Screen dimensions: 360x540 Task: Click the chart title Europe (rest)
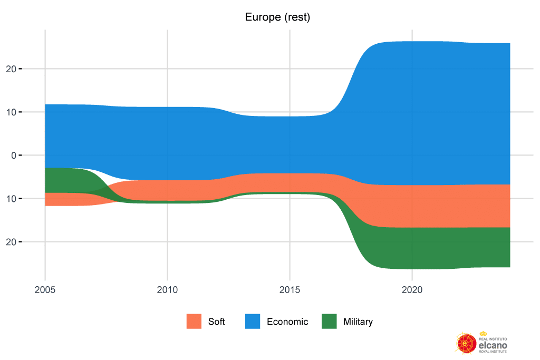coord(277,17)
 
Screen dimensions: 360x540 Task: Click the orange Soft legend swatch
coord(194,322)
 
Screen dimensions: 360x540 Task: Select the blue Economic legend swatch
coord(253,322)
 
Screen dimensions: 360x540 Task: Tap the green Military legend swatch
coord(329,322)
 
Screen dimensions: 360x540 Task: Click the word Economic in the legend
coord(287,322)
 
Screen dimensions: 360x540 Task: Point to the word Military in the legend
coord(358,322)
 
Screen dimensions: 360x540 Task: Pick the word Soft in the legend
coord(216,322)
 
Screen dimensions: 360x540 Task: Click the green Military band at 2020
coord(411,248)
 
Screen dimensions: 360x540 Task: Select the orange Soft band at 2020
coord(411,206)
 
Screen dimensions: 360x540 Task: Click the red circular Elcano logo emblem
coord(465,343)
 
